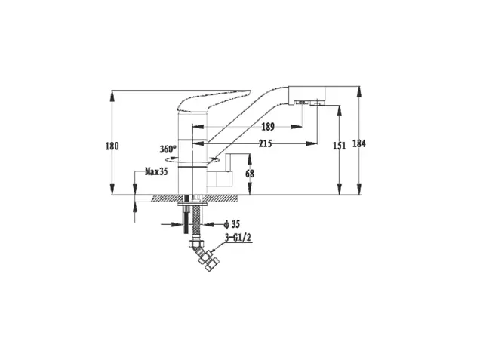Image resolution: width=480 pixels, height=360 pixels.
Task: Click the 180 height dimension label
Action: click(112, 146)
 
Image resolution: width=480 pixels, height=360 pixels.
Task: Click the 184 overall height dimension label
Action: click(358, 143)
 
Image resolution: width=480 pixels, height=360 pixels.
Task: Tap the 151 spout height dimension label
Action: click(339, 146)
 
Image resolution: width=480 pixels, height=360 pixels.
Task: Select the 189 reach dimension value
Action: click(268, 127)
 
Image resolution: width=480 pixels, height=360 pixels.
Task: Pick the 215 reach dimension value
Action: click(265, 143)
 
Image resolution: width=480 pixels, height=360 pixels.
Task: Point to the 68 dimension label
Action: click(250, 174)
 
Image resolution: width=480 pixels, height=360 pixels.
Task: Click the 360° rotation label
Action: click(168, 149)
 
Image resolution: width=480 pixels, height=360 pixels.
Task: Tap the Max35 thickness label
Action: click(156, 171)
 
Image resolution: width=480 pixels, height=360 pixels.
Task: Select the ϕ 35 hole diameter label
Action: click(232, 224)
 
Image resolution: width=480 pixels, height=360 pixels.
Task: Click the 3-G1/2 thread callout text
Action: click(238, 238)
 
